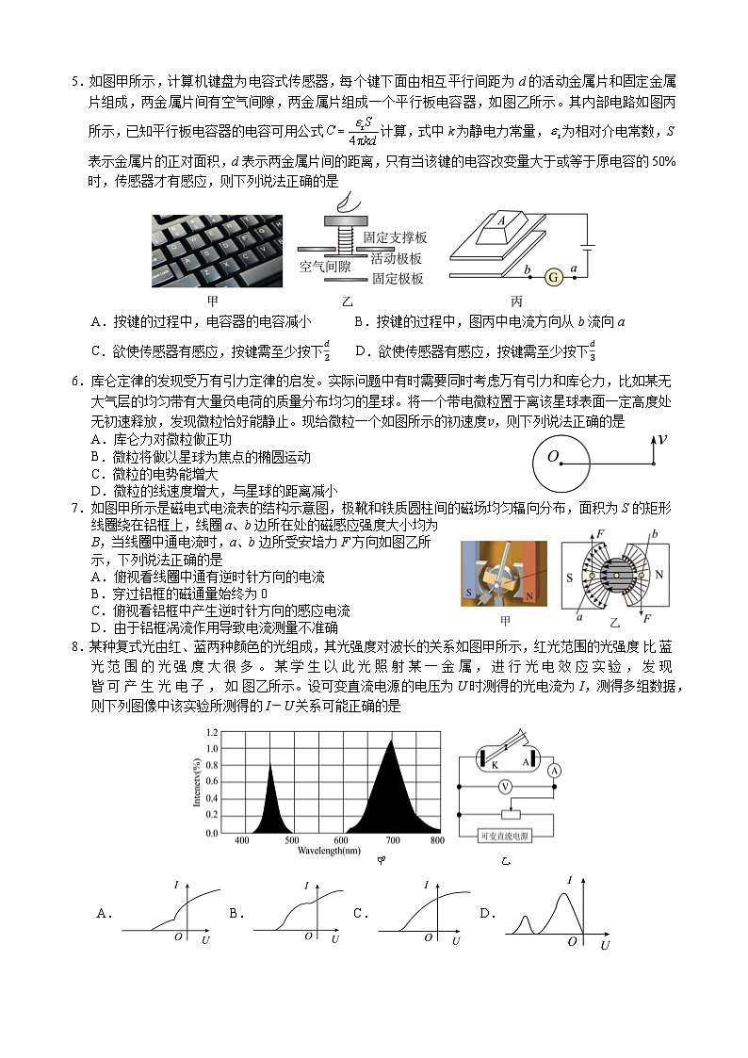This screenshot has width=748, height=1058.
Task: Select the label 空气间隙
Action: click(326, 267)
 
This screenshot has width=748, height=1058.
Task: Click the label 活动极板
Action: click(397, 258)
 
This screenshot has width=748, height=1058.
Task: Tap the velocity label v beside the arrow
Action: click(662, 438)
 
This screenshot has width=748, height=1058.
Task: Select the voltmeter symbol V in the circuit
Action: click(506, 786)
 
